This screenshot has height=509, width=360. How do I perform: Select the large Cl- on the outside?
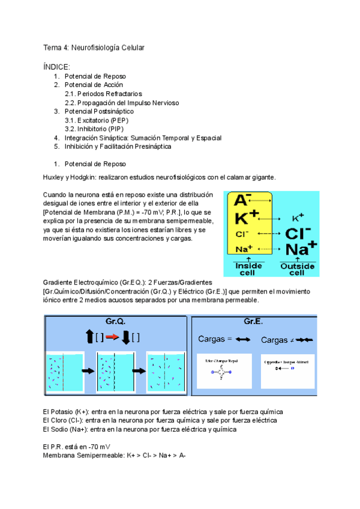[298, 233]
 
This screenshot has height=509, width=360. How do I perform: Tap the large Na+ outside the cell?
[301, 248]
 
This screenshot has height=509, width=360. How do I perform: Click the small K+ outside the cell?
[298, 218]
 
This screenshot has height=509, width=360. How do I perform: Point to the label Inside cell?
[248, 268]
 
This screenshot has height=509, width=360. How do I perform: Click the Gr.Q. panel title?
[115, 321]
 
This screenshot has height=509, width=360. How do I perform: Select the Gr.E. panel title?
[253, 321]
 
